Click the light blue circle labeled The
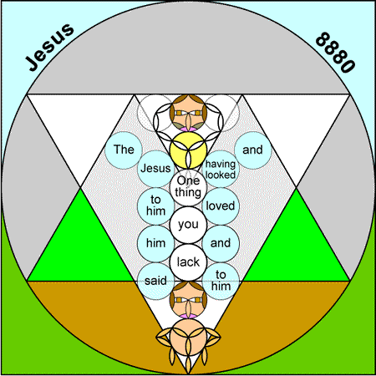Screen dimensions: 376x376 [x=124, y=150]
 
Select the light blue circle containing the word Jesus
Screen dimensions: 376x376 [x=155, y=169]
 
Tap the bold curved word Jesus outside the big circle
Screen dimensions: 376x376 [x=49, y=47]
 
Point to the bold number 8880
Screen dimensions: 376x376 [x=336, y=53]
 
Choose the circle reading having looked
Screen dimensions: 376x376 [x=221, y=169]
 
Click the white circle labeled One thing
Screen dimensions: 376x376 [x=188, y=187]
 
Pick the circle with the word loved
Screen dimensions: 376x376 [x=221, y=206]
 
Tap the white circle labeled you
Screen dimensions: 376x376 [x=188, y=225]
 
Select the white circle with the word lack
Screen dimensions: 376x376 [x=188, y=262]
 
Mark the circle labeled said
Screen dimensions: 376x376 [x=155, y=282]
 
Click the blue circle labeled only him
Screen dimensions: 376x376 [x=155, y=244]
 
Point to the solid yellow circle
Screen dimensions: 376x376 [x=188, y=150]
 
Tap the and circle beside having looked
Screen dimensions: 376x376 [x=253, y=150]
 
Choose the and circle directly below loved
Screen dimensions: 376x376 [x=221, y=244]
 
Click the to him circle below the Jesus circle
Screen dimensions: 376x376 [x=155, y=206]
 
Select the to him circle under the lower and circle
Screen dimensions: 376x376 [x=221, y=282]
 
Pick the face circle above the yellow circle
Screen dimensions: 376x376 [x=188, y=113]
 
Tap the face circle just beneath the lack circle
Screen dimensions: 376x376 [x=188, y=300]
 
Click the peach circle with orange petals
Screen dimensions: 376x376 [x=188, y=337]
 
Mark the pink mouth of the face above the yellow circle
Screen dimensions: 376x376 [x=188, y=129]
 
